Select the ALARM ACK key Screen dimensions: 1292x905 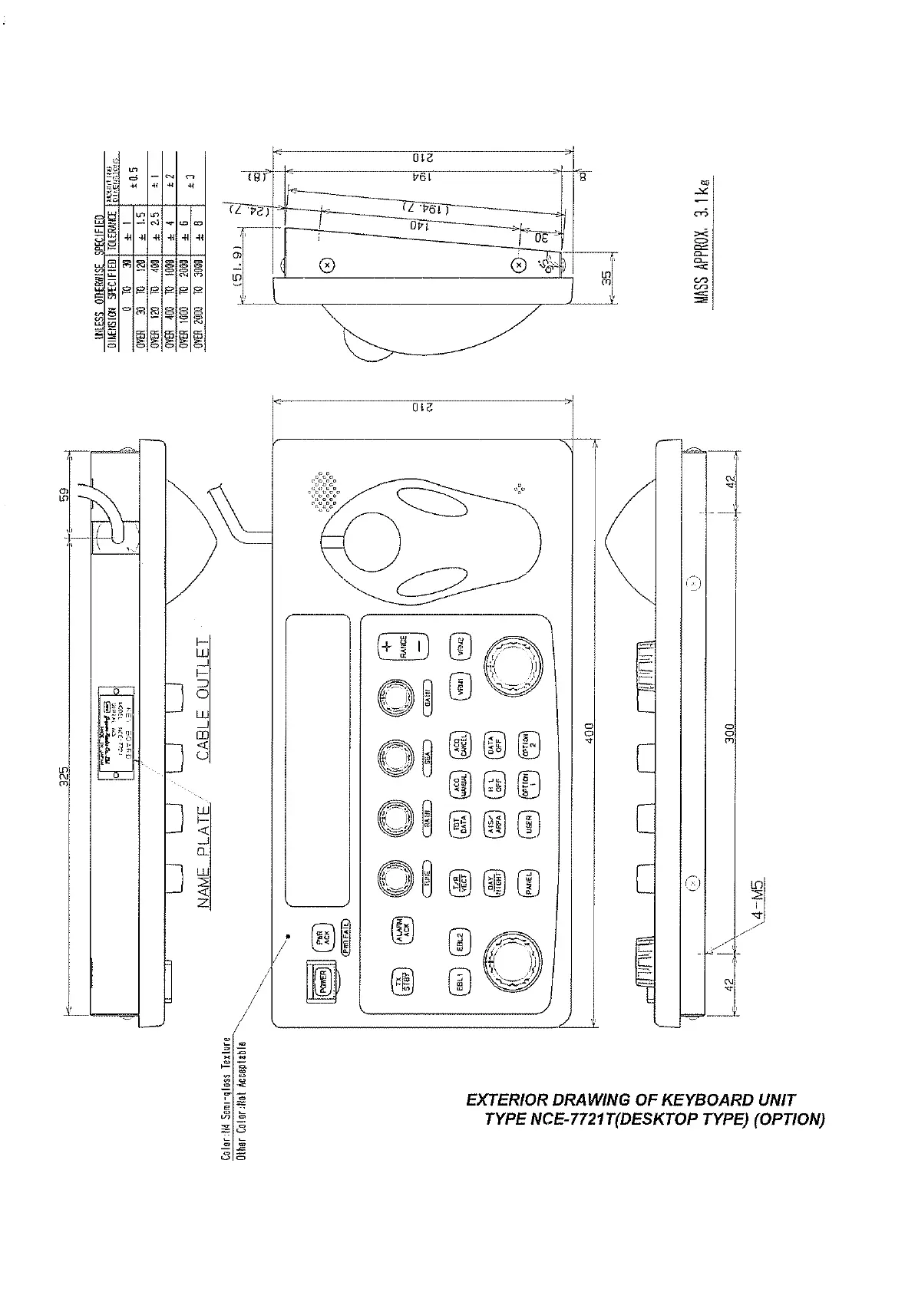click(x=401, y=928)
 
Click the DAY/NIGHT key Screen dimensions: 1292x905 click(x=494, y=883)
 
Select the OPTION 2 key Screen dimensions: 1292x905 click(x=528, y=747)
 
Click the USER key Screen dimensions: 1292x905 click(x=528, y=825)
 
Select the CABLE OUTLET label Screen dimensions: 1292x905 click(x=203, y=698)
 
